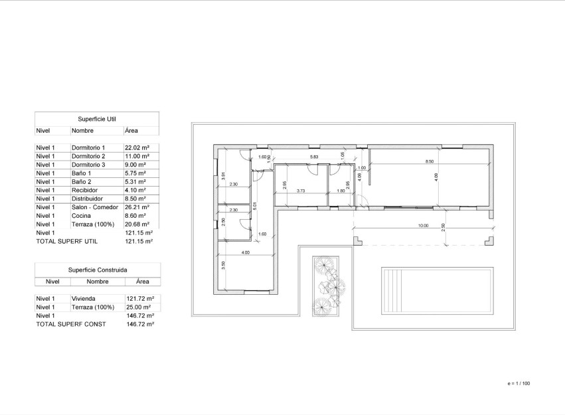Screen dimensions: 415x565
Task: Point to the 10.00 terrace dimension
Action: [422, 226]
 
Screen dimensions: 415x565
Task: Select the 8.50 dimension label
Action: [430, 161]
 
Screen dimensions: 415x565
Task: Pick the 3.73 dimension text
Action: [300, 191]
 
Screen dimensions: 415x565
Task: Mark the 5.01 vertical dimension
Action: [254, 206]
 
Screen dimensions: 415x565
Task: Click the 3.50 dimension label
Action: [224, 264]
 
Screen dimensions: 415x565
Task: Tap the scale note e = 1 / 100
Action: [519, 384]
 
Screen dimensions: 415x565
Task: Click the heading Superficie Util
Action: [97, 119]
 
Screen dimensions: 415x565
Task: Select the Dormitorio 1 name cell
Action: [88, 147]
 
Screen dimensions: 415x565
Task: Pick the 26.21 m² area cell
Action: [137, 207]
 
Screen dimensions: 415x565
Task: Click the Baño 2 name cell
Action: [82, 181]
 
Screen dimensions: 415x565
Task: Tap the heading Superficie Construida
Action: [97, 270]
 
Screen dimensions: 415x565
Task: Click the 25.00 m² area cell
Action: [139, 307]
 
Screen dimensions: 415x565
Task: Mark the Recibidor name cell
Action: [84, 190]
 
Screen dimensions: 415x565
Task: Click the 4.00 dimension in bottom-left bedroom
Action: [245, 252]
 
